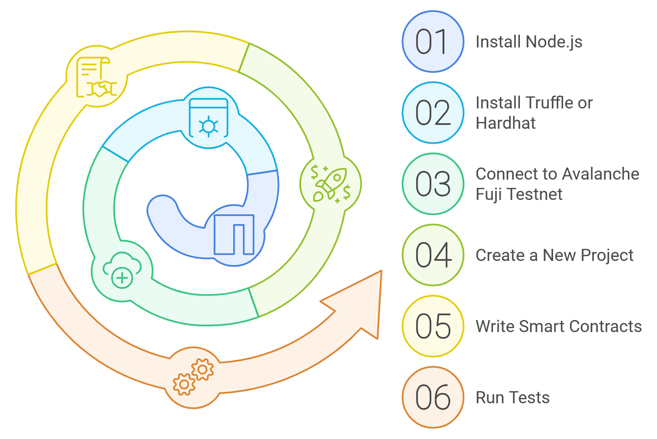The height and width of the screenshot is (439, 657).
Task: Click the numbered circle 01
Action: (433, 41)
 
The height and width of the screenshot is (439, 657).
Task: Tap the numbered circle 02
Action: (433, 113)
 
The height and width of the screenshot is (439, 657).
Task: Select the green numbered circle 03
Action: (433, 184)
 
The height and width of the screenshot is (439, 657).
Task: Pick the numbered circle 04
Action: (433, 255)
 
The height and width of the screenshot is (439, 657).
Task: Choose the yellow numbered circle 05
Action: (433, 326)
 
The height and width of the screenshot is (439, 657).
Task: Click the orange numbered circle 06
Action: (433, 397)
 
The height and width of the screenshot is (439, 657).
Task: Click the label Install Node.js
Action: (528, 42)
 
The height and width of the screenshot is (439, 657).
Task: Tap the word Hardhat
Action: (505, 123)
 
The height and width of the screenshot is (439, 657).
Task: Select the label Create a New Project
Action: (554, 255)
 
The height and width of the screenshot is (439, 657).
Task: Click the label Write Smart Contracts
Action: (558, 327)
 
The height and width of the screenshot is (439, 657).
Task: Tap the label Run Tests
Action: (512, 398)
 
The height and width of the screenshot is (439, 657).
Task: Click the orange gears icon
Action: (193, 377)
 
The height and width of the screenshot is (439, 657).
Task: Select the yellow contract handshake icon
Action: (96, 77)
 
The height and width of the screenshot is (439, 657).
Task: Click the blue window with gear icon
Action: (209, 118)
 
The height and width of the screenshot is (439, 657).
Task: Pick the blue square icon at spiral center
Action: (234, 235)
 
